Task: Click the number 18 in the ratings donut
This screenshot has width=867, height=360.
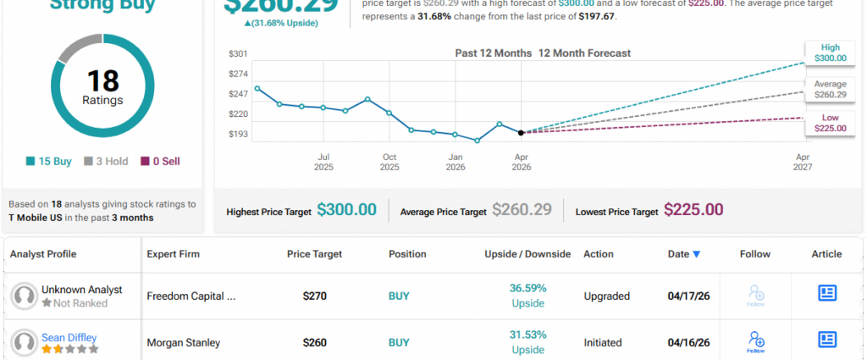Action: pos(102,81)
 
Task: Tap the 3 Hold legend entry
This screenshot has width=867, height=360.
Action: pos(105,161)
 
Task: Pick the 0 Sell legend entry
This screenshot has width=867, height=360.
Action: pos(160,161)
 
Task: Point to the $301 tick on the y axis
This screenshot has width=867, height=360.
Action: pos(238,54)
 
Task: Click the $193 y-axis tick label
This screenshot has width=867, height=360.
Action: pos(238,134)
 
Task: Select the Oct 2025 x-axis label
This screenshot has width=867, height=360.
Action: pos(389,162)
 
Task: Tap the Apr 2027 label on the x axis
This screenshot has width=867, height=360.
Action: pos(803,162)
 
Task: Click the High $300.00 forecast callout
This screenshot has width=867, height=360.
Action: pos(831,52)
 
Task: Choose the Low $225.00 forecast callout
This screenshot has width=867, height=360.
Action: pos(831,122)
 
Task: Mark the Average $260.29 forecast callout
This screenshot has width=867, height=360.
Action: pos(831,90)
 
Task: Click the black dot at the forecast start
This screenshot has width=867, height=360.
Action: pos(521,132)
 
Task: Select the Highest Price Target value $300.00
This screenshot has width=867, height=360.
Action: pos(346,210)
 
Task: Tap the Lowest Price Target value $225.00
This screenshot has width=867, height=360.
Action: pos(693,210)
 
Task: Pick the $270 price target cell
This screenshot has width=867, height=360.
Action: pos(315,297)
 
